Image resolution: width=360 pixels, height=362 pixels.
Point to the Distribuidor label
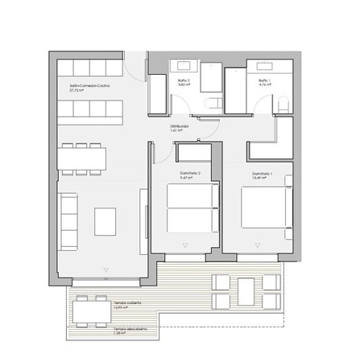179,126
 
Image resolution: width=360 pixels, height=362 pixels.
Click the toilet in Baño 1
282,103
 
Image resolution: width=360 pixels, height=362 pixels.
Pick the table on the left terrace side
91,309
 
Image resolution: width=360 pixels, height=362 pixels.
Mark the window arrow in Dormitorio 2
186,244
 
